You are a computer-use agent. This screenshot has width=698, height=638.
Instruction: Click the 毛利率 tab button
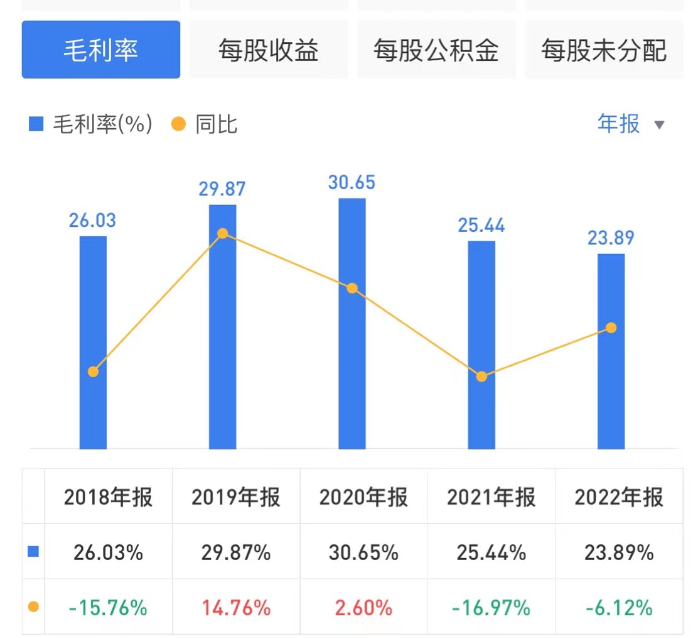(100, 50)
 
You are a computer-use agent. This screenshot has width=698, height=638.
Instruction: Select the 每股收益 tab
(268, 50)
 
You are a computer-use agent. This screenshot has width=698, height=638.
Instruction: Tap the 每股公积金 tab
(436, 50)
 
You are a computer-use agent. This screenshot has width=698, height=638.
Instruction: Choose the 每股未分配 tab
(604, 50)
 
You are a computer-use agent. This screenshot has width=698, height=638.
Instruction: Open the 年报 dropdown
(630, 124)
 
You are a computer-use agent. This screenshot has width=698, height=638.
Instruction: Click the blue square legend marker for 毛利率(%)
(36, 124)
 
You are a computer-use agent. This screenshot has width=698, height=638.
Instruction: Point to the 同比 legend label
(216, 124)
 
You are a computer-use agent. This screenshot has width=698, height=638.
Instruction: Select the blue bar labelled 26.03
(93, 343)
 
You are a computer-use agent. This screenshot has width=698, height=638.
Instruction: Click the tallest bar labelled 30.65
(352, 324)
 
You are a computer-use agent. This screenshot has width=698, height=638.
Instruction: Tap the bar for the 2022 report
(611, 352)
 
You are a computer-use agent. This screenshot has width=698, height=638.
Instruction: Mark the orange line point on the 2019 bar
(222, 234)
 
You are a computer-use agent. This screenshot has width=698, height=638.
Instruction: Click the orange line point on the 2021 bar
(481, 377)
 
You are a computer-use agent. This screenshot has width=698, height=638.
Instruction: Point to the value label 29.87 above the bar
(222, 189)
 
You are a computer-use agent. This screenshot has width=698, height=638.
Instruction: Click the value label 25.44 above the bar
(481, 225)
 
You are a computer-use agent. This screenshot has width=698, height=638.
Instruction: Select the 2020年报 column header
(363, 497)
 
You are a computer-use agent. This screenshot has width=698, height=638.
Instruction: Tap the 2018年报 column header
(108, 497)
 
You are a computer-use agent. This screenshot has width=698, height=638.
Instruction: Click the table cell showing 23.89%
(619, 553)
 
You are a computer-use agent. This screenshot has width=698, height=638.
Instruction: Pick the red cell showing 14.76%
(236, 608)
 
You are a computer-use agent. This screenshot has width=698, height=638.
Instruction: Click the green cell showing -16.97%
(491, 608)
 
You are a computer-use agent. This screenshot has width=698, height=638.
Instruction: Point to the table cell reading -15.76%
(108, 608)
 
